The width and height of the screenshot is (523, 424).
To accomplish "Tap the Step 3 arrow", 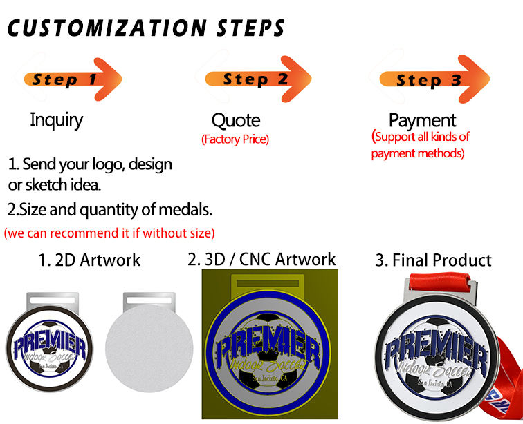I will (x=429, y=79).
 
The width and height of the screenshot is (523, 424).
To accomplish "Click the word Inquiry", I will (x=56, y=120).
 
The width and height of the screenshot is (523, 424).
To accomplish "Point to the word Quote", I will (x=236, y=121).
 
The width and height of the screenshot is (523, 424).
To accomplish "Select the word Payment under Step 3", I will (x=422, y=121).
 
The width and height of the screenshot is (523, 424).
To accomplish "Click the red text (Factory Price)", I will (x=235, y=139).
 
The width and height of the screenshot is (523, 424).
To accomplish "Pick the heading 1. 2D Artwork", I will (x=89, y=260).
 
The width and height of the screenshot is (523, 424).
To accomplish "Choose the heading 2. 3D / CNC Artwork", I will (x=261, y=260).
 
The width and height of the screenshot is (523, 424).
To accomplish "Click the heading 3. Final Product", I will (x=433, y=260).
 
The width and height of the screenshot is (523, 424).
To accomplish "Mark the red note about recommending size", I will (x=109, y=232).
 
